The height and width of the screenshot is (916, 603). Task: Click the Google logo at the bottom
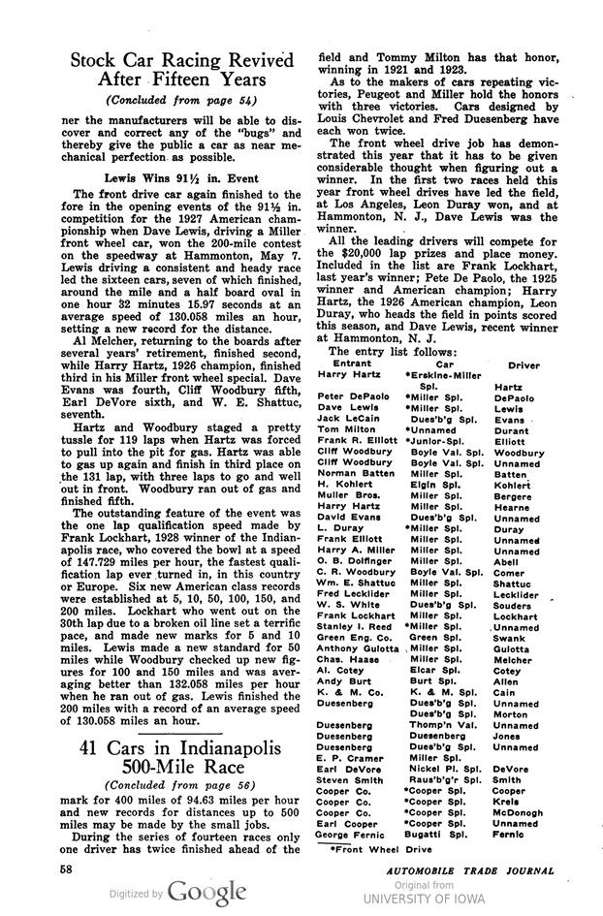point(206,890)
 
